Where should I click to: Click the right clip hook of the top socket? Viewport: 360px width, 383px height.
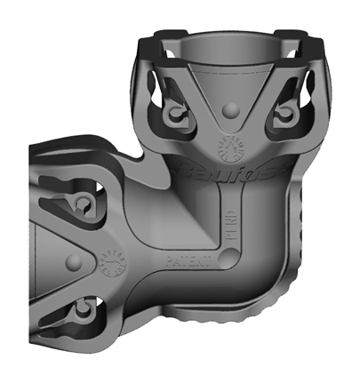(x=286, y=113)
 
